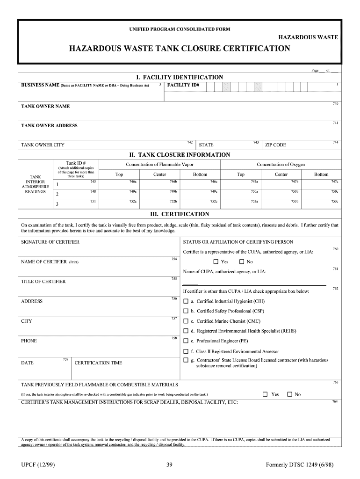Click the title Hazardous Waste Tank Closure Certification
(x=180, y=49)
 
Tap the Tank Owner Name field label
(x=45, y=106)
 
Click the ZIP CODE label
(x=275, y=145)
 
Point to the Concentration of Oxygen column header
(x=281, y=165)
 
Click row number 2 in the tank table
(x=57, y=194)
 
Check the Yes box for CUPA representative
(x=216, y=262)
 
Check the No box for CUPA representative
(x=242, y=262)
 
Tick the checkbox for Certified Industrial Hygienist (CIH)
(x=186, y=301)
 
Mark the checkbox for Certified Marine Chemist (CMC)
(x=186, y=321)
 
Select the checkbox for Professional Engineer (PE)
(x=186, y=341)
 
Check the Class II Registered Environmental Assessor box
(x=186, y=351)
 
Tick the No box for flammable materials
(x=289, y=394)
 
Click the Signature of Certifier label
(x=50, y=242)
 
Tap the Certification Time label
(x=98, y=363)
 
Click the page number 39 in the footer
(x=170, y=464)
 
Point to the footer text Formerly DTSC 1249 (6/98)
(x=299, y=464)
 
